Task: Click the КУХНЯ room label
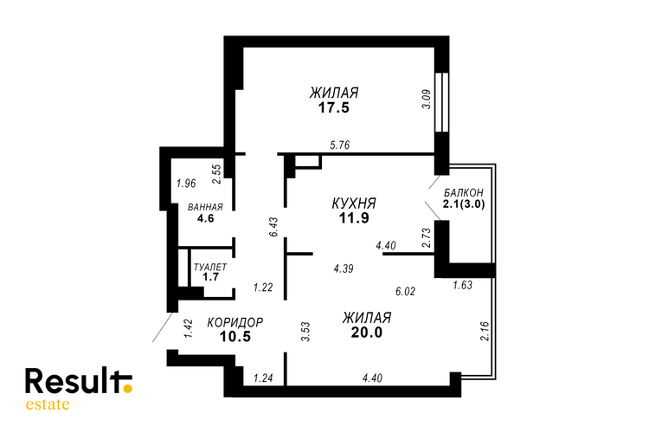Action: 354,204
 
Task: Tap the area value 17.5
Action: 334,107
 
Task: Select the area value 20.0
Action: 367,332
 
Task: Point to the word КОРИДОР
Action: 235,322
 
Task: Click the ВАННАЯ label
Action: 205,207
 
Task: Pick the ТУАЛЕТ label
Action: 210,267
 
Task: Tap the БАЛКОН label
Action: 464,192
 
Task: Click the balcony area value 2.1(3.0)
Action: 464,204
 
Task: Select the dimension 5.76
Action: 340,145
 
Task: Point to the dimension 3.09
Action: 427,100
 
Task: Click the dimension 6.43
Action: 273,227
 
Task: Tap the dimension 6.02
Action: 405,291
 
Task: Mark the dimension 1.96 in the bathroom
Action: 186,183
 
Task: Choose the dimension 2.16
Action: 485,331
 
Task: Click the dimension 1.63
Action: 462,285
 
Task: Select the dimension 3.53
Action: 305,332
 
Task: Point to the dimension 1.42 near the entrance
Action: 188,328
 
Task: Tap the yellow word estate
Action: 48,404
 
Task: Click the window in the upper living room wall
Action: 442,102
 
